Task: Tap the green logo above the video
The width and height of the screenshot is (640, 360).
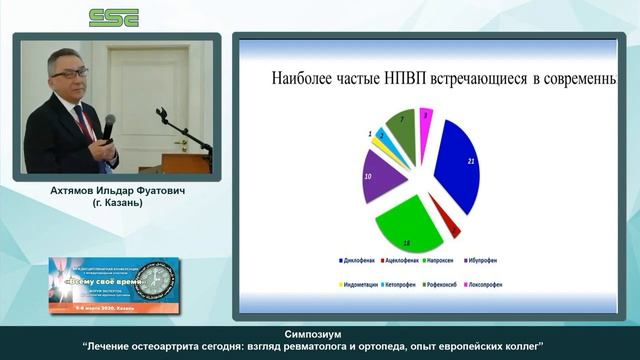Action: coord(114,17)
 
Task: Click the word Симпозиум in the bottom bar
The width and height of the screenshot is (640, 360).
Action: coord(320,334)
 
